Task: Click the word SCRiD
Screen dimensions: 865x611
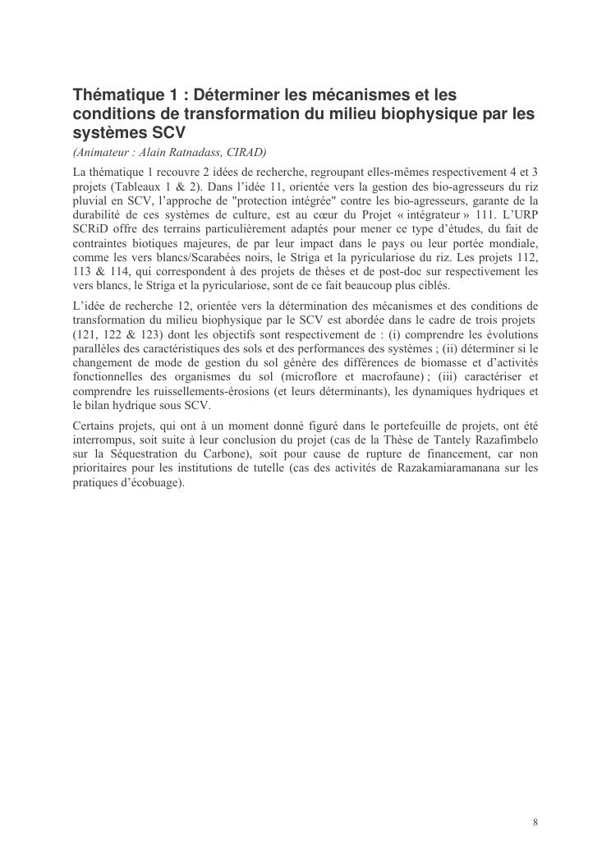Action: click(x=89, y=230)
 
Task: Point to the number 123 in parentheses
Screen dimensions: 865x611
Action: click(x=145, y=335)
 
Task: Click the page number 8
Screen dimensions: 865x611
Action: click(x=535, y=821)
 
